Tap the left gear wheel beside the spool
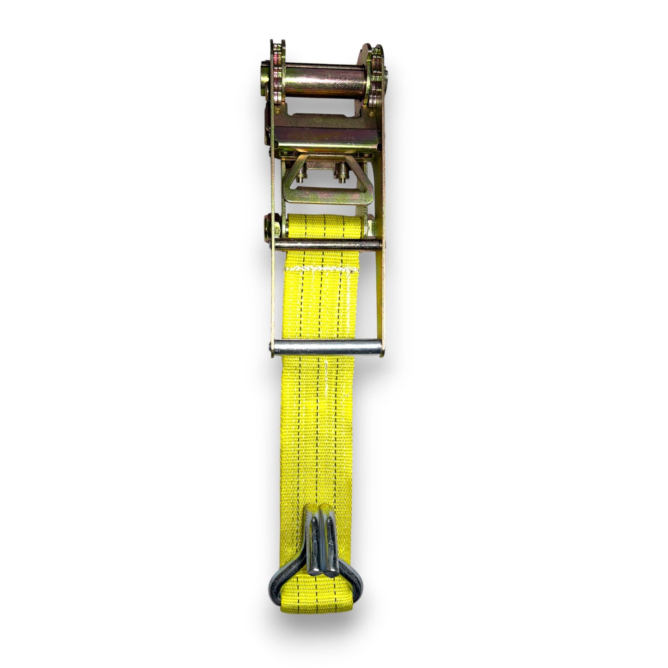pos(277,74)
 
